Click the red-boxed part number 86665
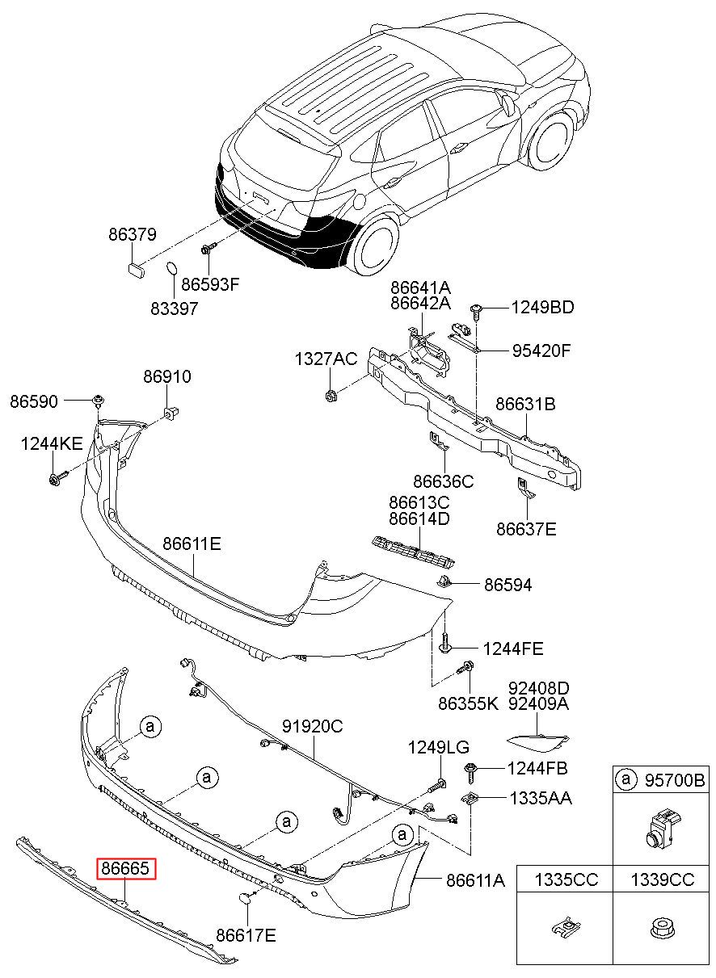point(126,868)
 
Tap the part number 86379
point(133,235)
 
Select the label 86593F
point(211,284)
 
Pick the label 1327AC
point(326,359)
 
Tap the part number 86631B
point(525,405)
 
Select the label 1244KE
point(52,444)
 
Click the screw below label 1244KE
point(58,477)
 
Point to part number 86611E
point(192,544)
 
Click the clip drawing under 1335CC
point(567,927)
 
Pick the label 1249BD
point(542,308)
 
